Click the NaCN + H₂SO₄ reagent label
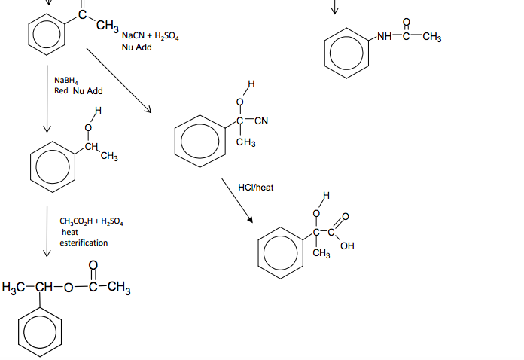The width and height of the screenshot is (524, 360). [150, 36]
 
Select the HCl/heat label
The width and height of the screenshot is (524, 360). [255, 187]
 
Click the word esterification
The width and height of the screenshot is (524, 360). [84, 243]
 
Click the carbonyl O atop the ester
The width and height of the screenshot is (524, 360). [93, 265]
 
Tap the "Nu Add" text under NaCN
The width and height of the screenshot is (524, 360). [136, 47]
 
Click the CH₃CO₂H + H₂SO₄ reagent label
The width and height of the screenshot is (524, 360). [91, 221]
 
